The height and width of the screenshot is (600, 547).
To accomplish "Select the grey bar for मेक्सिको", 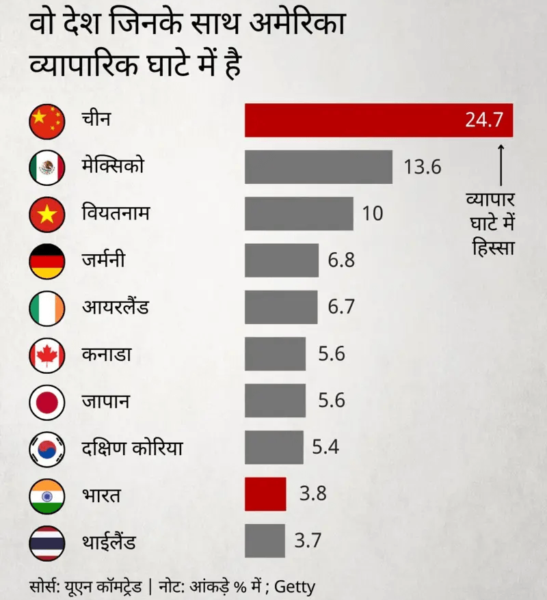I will [319, 167].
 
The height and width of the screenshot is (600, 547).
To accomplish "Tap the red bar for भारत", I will [265, 494].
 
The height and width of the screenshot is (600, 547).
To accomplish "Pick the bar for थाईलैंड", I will [265, 541].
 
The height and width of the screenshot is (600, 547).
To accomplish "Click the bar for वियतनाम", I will [299, 214].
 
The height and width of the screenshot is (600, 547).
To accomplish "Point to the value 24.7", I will [484, 120].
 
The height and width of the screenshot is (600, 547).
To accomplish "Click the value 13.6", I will [423, 167].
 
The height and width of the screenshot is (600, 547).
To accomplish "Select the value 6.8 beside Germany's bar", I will [341, 260].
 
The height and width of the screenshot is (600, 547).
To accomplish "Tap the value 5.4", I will [325, 448].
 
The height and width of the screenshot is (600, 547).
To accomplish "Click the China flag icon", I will [46, 121].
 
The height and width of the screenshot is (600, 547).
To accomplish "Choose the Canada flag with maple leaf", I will [46, 355].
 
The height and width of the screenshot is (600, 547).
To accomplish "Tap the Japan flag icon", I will [46, 401].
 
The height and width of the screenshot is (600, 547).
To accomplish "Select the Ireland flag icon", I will [46, 308].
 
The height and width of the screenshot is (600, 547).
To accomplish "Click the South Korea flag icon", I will [46, 448].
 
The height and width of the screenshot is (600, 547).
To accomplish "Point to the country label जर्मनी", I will [103, 260].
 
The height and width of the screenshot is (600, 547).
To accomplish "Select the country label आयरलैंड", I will [115, 308].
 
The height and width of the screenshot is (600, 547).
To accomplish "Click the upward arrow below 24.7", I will [501, 164].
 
